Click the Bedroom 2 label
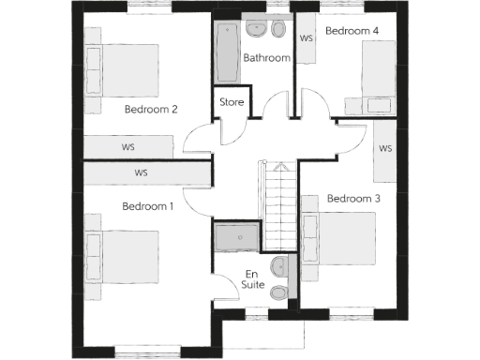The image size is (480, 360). pos(151,109)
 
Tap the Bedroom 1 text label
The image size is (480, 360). pos(148,205)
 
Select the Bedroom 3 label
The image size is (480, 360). pos(353,198)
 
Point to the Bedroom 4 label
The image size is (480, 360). pos(352,31)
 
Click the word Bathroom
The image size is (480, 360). pos(267,58)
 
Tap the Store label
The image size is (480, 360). pos(232,101)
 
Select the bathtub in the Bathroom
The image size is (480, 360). pos(227,53)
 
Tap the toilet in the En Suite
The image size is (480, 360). pos(279,293)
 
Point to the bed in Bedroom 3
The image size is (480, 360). pos(340,238)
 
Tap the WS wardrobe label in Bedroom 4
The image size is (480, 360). pos(306,39)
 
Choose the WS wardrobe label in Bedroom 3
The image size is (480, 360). pos(385,149)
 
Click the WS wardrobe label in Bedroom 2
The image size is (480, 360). pos(127,148)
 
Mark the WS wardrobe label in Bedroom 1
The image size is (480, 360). pos(141,172)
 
